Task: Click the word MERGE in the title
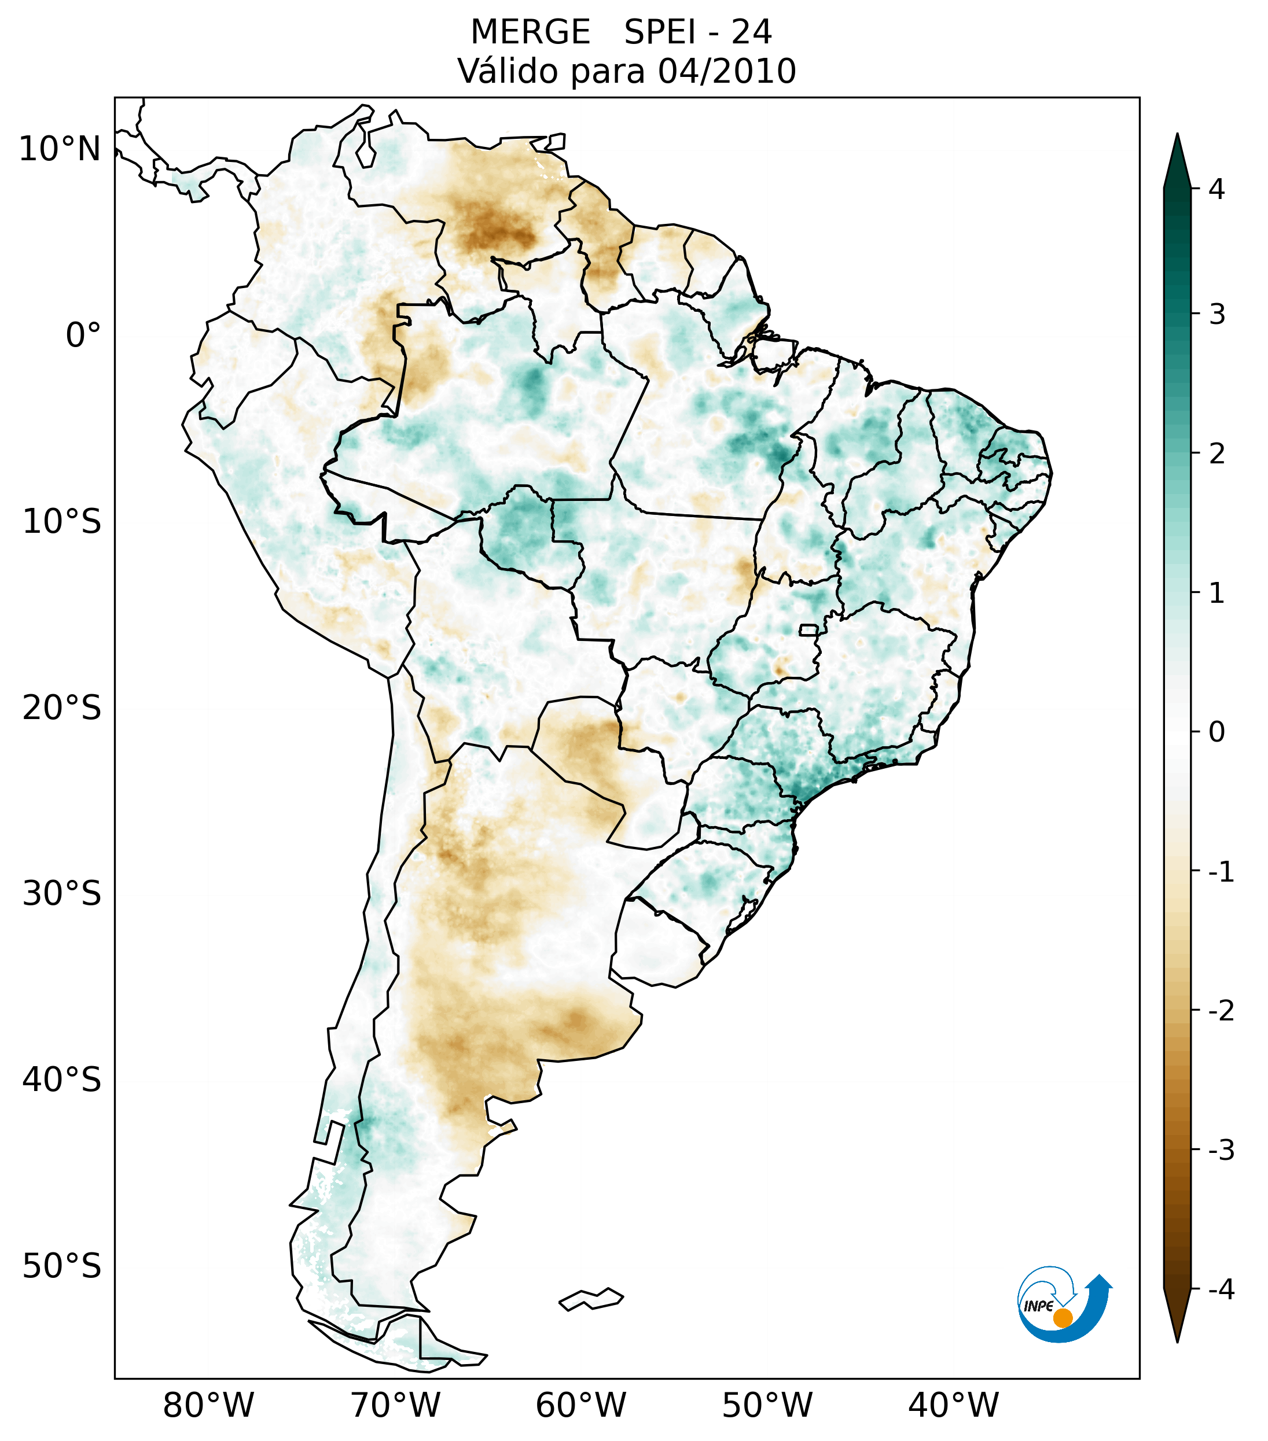[530, 32]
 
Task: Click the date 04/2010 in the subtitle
[726, 71]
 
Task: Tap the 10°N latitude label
[60, 149]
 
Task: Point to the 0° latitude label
[83, 336]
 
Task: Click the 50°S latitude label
[62, 1266]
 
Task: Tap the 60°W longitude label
[580, 1405]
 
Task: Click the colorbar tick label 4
[1216, 189]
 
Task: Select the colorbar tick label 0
[1216, 732]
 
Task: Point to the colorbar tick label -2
[1221, 1011]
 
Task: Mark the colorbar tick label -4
[1221, 1289]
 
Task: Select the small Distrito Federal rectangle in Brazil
[808, 629]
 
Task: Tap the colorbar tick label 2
[1216, 454]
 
